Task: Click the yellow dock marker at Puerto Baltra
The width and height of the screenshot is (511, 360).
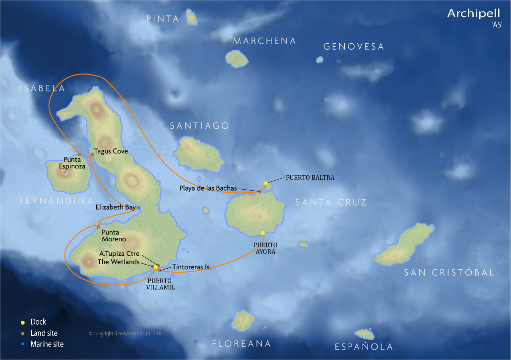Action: click(x=266, y=183)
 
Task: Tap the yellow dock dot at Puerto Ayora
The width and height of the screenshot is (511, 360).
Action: click(x=262, y=233)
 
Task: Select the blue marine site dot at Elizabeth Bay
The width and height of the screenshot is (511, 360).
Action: click(x=139, y=208)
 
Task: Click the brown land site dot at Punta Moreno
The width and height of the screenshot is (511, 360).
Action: click(x=99, y=226)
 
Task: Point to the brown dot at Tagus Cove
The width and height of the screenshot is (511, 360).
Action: click(x=92, y=154)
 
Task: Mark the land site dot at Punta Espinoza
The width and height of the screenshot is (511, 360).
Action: click(x=79, y=154)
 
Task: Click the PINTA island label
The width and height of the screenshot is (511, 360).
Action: click(x=163, y=19)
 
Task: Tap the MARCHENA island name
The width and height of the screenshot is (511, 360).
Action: click(x=264, y=41)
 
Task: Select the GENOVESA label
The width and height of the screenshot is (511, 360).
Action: click(x=354, y=47)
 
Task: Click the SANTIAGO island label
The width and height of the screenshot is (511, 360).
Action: click(x=199, y=126)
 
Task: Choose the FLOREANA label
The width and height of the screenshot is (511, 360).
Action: click(x=242, y=344)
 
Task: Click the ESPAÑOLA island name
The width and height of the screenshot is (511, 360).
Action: click(x=364, y=347)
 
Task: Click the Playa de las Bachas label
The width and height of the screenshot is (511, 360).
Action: click(x=208, y=188)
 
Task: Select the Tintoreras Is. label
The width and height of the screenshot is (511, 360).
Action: click(x=192, y=267)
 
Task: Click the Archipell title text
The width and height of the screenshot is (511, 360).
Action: click(x=469, y=13)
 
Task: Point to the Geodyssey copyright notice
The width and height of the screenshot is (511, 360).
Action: click(x=125, y=334)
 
